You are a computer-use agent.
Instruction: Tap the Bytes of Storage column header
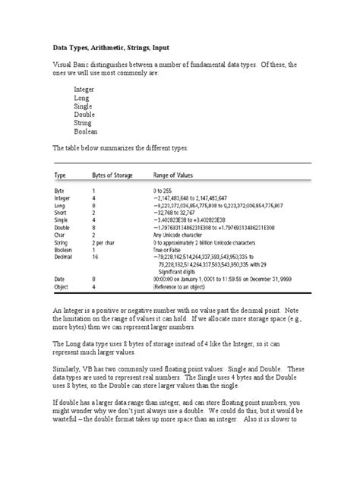(x=112, y=174)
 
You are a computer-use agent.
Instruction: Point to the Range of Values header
(x=178, y=174)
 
